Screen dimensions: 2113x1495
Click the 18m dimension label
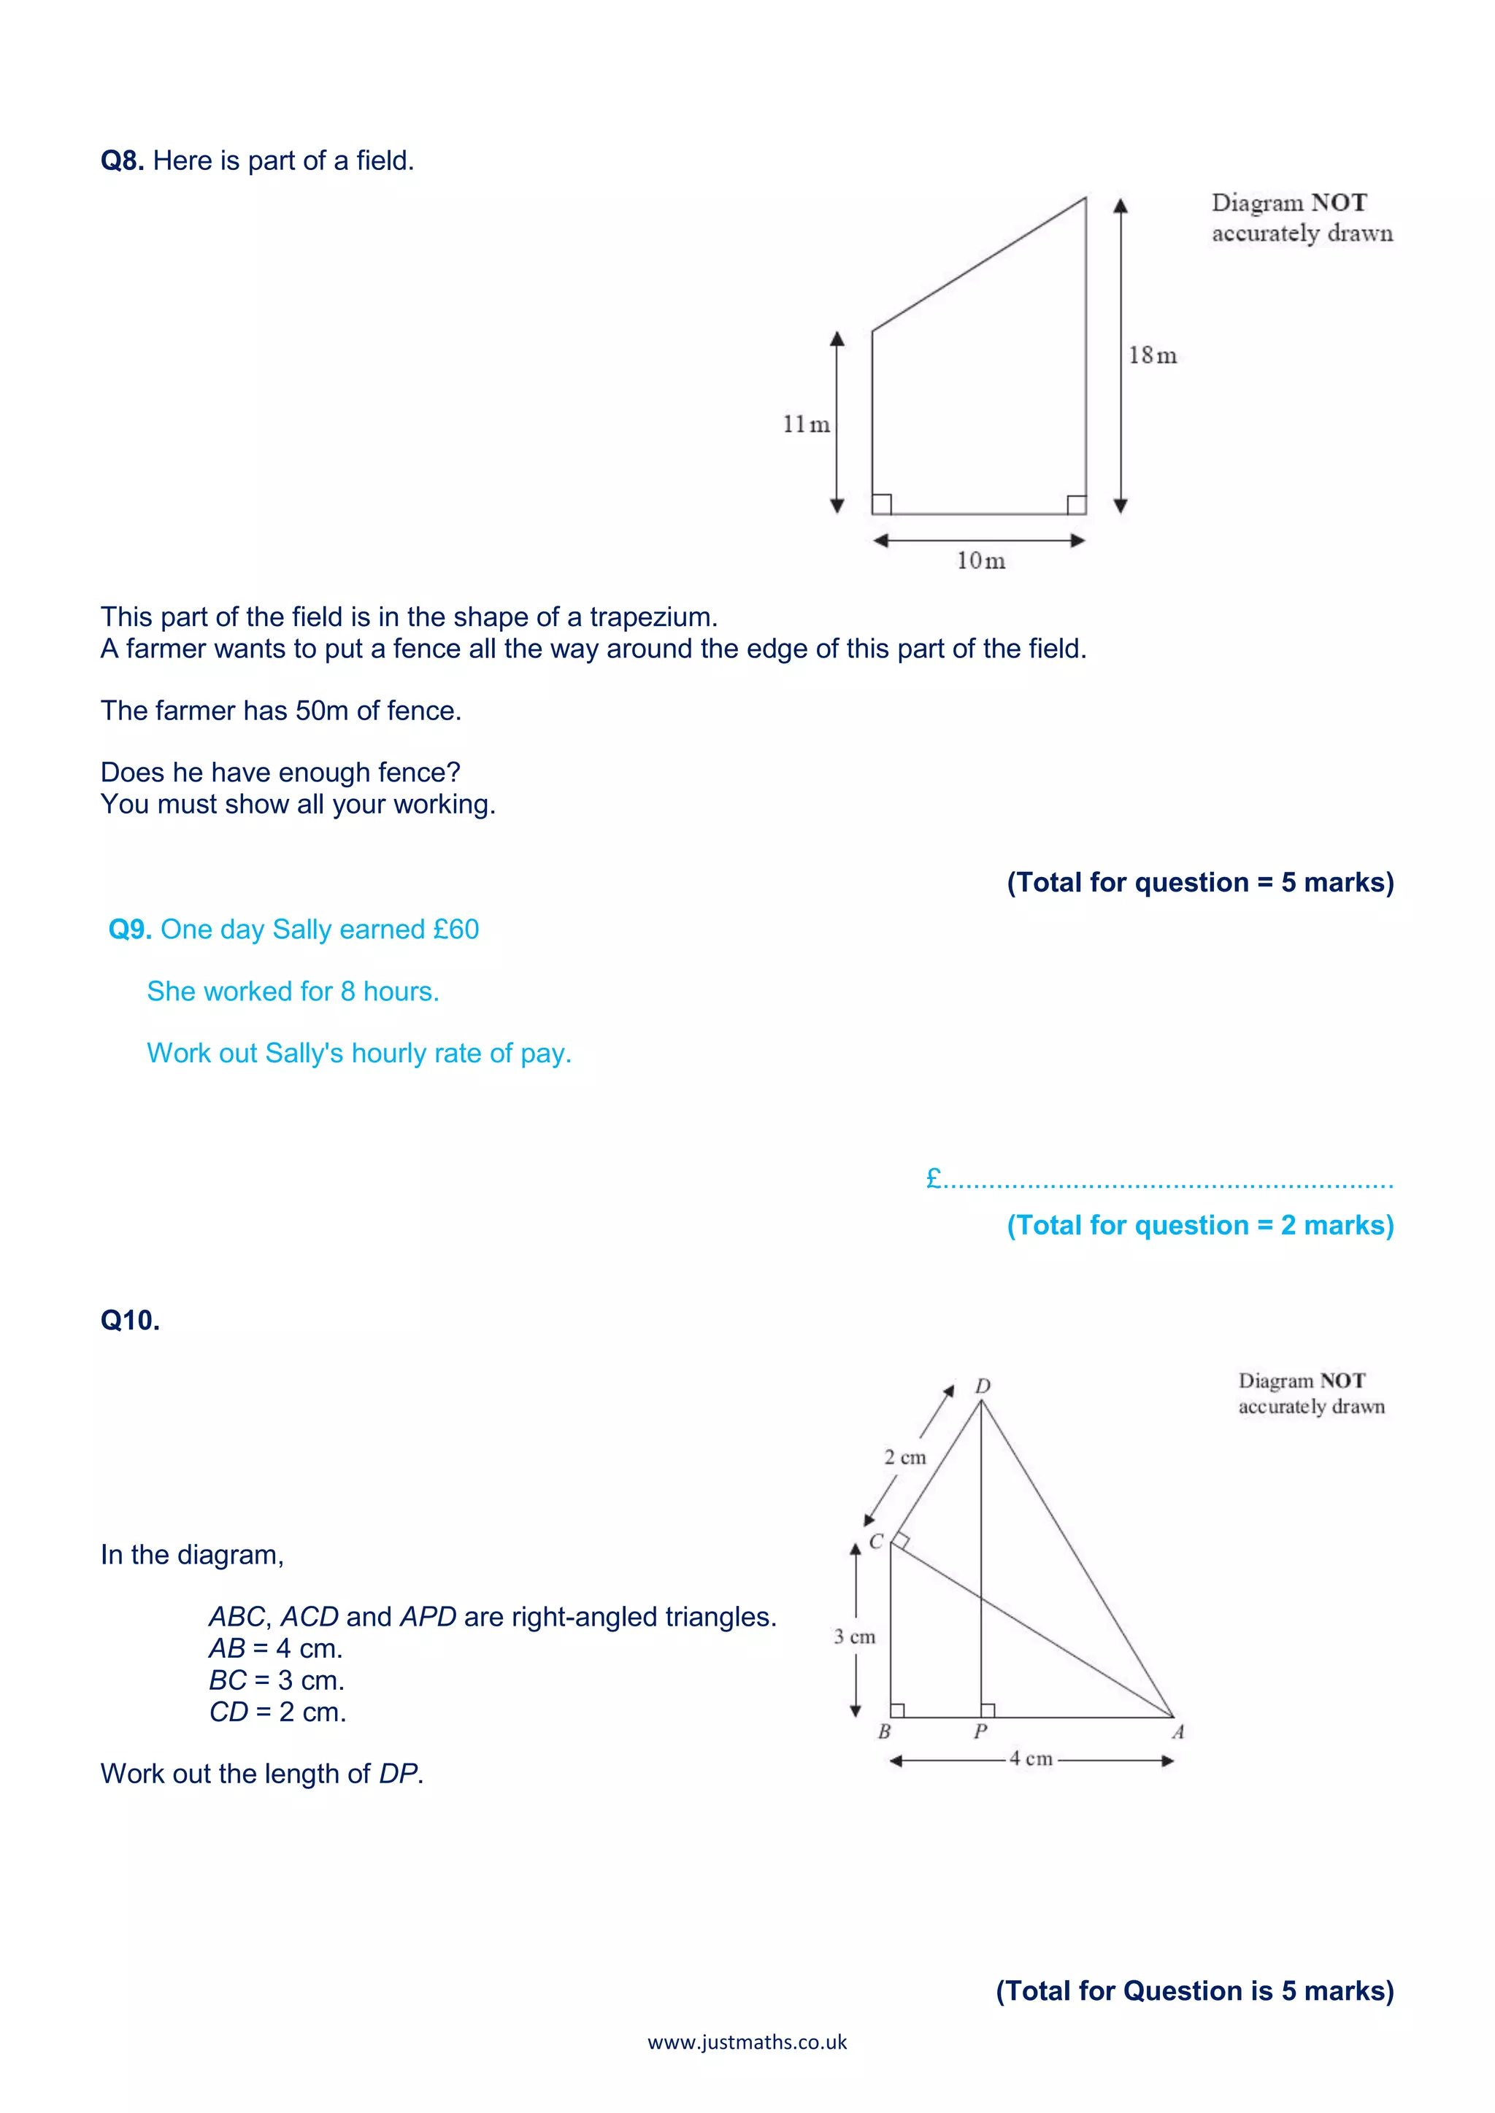coord(1153,355)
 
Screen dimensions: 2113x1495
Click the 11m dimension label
coord(805,424)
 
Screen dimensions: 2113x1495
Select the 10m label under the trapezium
coord(980,560)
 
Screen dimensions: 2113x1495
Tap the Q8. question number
coord(121,161)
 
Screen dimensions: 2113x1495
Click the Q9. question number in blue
coord(130,930)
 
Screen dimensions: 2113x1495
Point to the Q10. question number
coord(130,1321)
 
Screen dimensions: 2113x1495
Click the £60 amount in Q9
coord(456,930)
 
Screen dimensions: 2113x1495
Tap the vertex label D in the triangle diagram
coord(983,1386)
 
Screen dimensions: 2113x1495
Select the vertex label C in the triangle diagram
coord(875,1540)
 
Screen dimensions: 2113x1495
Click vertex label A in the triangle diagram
coord(1177,1732)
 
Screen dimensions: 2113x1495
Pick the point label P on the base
coord(980,1732)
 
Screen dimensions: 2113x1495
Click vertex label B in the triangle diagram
coord(884,1732)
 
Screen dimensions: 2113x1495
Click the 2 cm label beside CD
coord(905,1458)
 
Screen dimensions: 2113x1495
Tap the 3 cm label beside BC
coord(854,1637)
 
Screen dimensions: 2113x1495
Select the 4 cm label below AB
coord(1030,1758)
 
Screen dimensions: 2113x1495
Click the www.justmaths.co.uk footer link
coord(747,2042)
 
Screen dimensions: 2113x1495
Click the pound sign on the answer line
coord(934,1177)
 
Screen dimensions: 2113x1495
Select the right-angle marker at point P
coord(988,1710)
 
